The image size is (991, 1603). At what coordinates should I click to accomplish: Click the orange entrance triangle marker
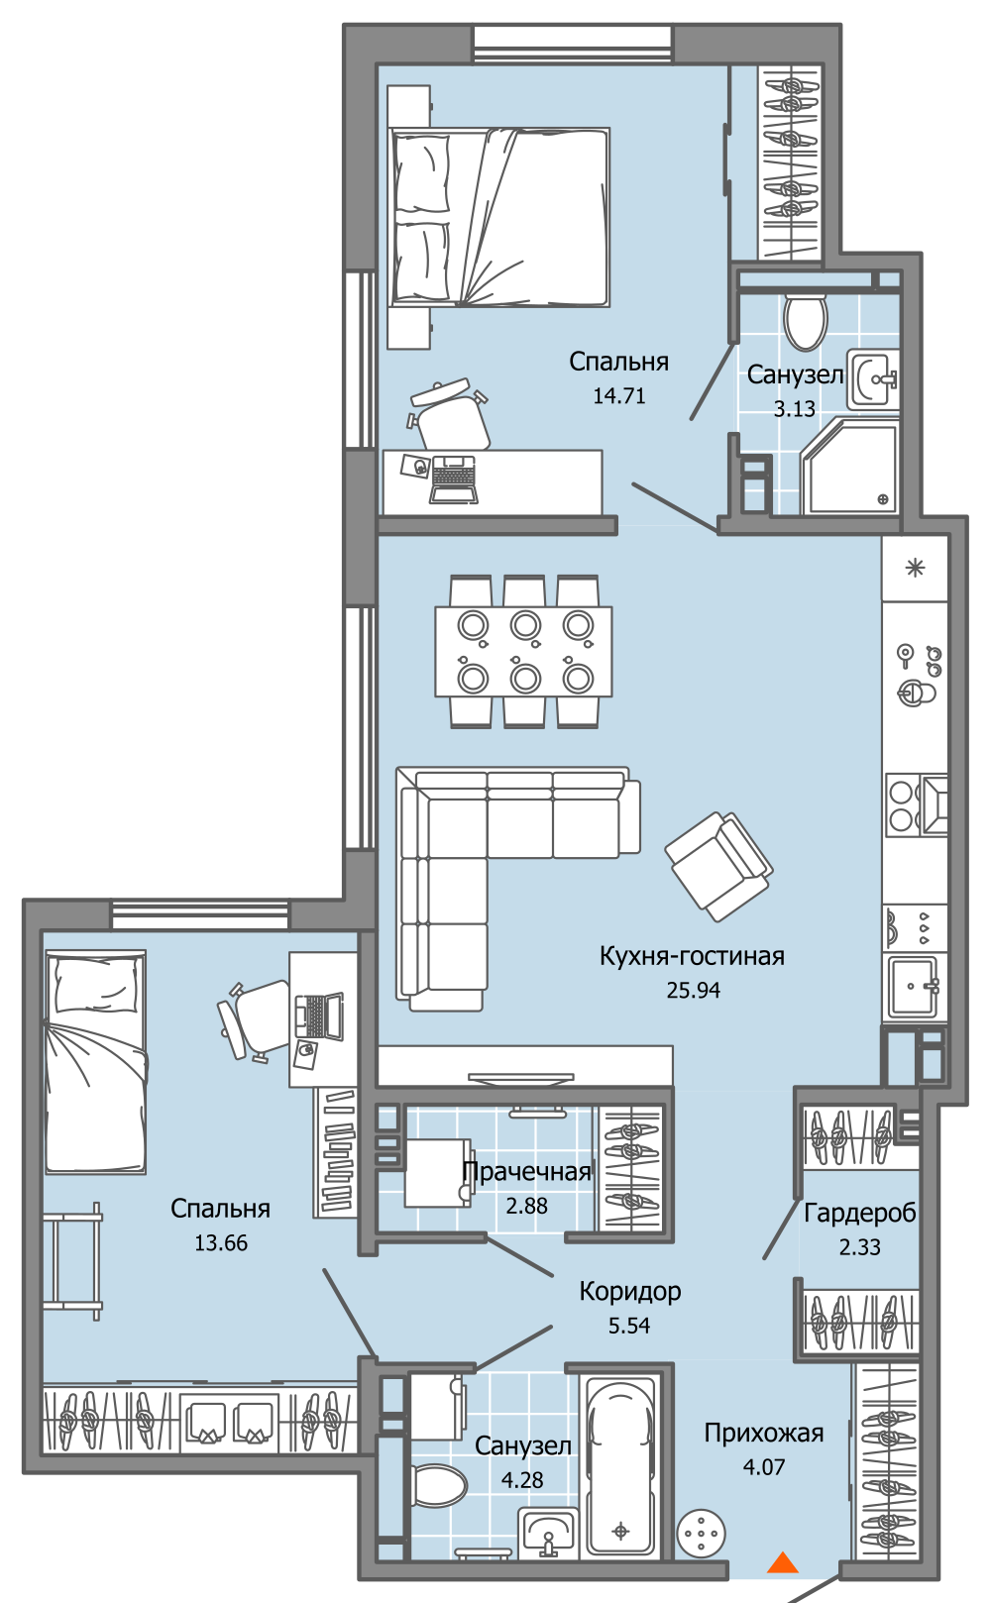pos(783,1561)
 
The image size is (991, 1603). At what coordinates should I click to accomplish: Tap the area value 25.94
pos(693,990)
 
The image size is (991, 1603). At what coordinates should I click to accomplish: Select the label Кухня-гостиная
pos(692,956)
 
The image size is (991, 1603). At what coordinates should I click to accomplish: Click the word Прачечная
pos(527,1171)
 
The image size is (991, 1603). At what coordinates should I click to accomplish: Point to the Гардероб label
pos(860,1213)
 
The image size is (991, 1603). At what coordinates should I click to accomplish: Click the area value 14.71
pos(619,395)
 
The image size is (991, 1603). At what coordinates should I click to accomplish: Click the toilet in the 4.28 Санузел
pos(439,1484)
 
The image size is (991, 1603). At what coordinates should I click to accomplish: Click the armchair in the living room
pos(718,866)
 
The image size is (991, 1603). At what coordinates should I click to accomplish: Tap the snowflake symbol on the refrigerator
pos(915,569)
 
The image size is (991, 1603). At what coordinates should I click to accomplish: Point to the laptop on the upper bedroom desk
pos(453,479)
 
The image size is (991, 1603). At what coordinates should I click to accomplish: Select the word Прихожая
pos(763,1433)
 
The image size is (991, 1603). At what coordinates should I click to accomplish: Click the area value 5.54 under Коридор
pos(629,1326)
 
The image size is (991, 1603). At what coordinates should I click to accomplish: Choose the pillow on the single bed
pos(96,985)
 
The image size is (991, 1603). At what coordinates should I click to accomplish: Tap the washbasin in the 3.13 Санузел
pos(873,379)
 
